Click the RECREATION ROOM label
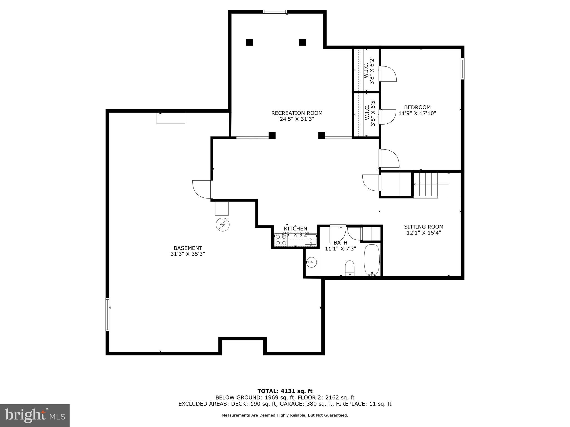pyautogui.click(x=297, y=113)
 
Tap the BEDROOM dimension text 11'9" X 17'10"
pyautogui.click(x=417, y=113)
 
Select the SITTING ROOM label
pyautogui.click(x=424, y=227)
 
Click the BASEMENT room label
pyautogui.click(x=188, y=248)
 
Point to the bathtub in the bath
pyautogui.click(x=372, y=260)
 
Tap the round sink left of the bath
pyautogui.click(x=311, y=262)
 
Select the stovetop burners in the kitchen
pyautogui.click(x=281, y=240)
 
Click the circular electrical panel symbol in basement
pyautogui.click(x=223, y=225)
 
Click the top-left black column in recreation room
pyautogui.click(x=250, y=42)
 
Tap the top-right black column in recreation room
pyautogui.click(x=303, y=42)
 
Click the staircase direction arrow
pyautogui.click(x=415, y=184)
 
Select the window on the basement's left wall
pyautogui.click(x=107, y=314)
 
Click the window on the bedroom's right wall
pyautogui.click(x=462, y=69)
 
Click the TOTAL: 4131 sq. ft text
pyautogui.click(x=285, y=391)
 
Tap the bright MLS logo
pyautogui.click(x=35, y=415)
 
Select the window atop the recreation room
pyautogui.click(x=275, y=12)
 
